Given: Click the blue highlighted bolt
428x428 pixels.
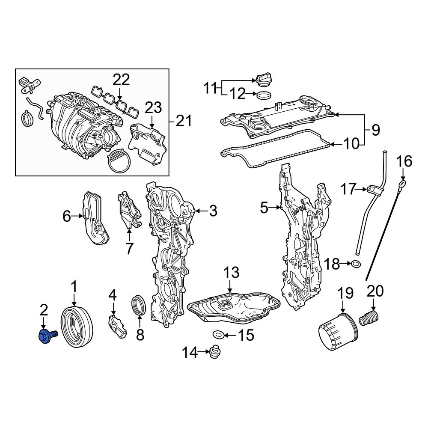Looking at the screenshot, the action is pyautogui.click(x=48, y=336).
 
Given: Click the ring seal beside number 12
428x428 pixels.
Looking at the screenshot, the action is pyautogui.click(x=264, y=95).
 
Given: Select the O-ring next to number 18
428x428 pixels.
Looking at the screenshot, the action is pyautogui.click(x=356, y=264).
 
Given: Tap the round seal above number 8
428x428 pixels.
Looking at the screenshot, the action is pyautogui.click(x=139, y=305).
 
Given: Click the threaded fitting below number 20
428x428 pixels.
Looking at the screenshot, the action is pyautogui.click(x=369, y=318).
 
